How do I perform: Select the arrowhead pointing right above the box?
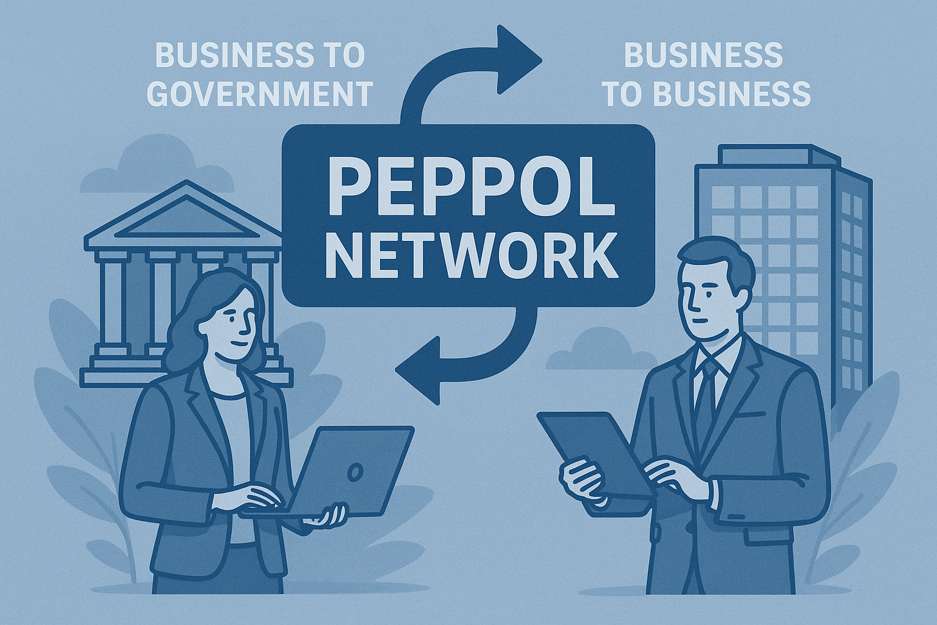click(x=519, y=59)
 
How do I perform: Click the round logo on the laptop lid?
click(x=355, y=472)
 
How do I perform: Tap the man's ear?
click(x=733, y=303)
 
